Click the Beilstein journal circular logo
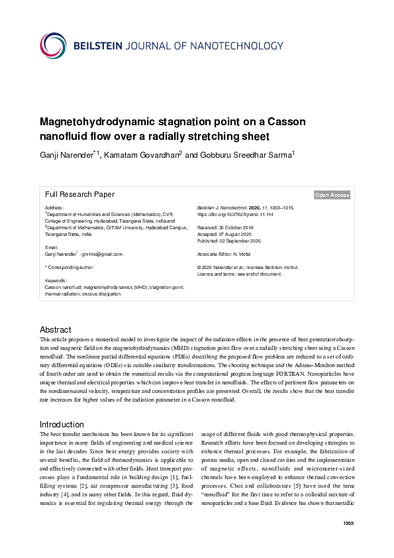coord(53,46)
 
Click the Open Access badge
coord(332,195)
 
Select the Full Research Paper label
coord(79,195)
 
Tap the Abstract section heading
coord(56,329)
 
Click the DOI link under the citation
coord(235,215)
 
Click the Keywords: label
coord(56,280)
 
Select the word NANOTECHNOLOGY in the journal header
coord(236,46)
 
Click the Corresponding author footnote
coord(69,267)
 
